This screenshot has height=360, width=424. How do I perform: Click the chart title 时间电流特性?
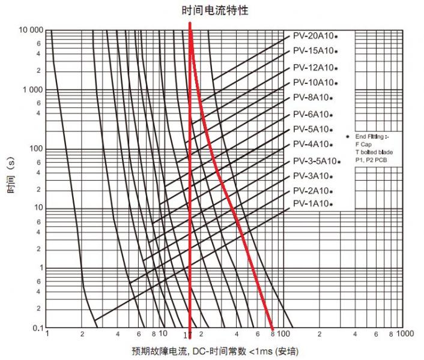[215, 10]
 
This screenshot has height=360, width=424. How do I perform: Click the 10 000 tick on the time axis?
[31, 31]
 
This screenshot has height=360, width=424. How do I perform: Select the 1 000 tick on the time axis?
[34, 90]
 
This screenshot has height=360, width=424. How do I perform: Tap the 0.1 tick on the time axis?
[38, 327]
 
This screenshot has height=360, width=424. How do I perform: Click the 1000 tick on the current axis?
[405, 334]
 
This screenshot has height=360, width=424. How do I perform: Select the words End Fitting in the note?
[369, 137]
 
